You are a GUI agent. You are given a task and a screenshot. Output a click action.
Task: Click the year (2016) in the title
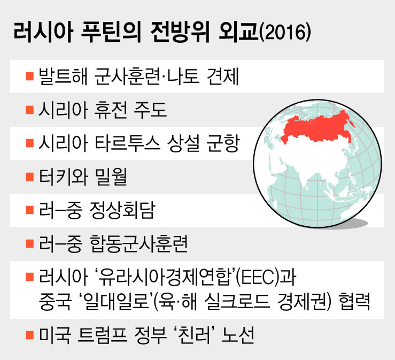[x=285, y=33]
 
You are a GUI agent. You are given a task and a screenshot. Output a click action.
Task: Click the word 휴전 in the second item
[x=111, y=110]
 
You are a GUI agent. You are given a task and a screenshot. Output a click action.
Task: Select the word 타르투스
[x=127, y=143]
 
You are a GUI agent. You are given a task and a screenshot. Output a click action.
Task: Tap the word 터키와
[x=63, y=177]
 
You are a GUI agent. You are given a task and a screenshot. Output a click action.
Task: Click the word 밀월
[x=111, y=177]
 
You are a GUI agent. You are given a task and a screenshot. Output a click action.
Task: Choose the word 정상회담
[x=122, y=210]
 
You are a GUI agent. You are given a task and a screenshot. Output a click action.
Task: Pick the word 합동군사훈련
[x=138, y=244]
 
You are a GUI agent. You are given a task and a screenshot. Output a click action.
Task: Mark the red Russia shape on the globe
[x=317, y=128]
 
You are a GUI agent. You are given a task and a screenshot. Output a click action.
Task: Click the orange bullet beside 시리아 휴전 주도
[x=30, y=110]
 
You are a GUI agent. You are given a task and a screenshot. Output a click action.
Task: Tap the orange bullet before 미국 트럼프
[x=30, y=335]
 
